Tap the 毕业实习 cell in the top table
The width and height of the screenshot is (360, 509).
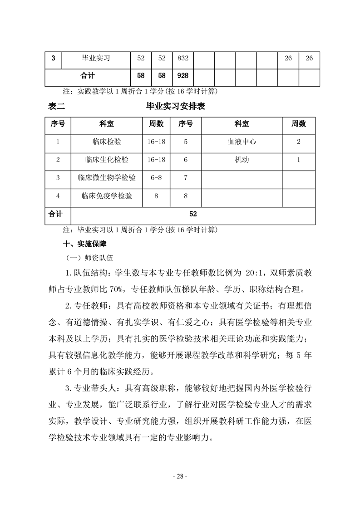pos(96,59)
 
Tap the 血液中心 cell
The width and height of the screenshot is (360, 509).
pos(242,142)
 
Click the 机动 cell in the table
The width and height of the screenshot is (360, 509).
pos(242,160)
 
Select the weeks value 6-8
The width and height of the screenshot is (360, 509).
pos(156,178)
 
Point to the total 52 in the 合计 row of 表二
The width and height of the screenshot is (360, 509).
pos(193,214)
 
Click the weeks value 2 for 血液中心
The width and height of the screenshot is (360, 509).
pos(298,142)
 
